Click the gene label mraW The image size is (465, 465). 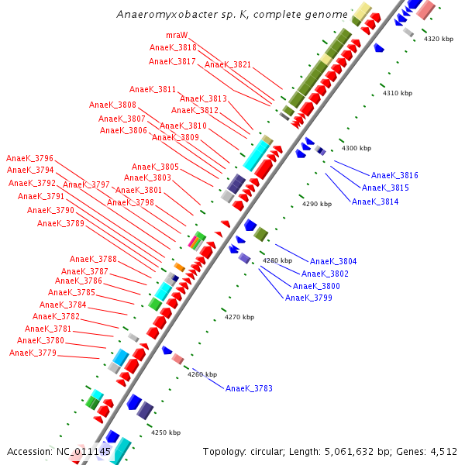176,36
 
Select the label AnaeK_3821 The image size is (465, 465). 228,64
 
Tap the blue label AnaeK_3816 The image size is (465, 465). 394,176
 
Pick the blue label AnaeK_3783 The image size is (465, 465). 249,388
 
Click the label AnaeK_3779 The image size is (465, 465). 33,353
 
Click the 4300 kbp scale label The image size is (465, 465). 356,148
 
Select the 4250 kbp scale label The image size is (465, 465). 165,432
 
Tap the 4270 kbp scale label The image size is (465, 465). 239,317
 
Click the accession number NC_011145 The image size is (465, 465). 84,451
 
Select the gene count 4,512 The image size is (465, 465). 441,451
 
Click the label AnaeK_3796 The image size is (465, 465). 29,158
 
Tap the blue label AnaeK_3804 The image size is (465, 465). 333,261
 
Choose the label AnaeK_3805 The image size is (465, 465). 155,167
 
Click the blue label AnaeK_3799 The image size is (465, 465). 308,298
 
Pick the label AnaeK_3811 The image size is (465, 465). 153,89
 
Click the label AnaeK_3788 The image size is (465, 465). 93,259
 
